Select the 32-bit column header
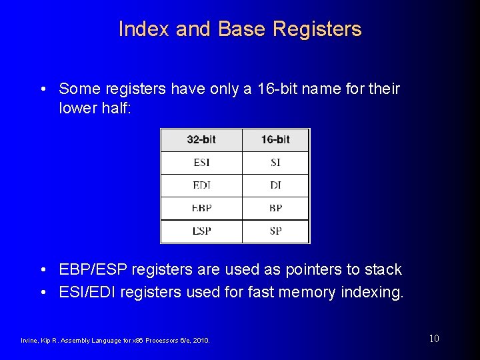201,140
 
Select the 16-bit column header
275,140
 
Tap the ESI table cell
201,163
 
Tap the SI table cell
275,163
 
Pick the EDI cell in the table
201,185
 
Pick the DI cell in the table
275,185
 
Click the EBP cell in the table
201,208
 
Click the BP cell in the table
275,208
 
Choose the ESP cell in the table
201,231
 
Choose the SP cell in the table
275,231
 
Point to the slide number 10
434,339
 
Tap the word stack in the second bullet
383,269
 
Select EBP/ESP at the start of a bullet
93,269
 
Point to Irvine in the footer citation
29,341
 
